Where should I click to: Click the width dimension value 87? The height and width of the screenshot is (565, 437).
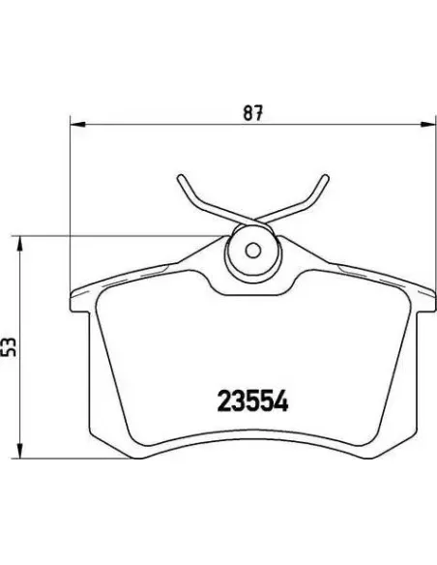click(253, 112)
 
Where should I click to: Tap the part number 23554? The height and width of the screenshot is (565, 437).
click(252, 401)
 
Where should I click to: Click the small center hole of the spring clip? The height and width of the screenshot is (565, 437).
click(253, 250)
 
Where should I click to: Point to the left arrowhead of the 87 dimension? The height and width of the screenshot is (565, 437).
click(77, 125)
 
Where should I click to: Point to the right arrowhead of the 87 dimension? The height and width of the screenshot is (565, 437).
click(428, 125)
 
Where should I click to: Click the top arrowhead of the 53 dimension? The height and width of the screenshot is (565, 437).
click(20, 243)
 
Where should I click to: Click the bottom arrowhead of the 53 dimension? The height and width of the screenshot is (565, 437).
click(20, 451)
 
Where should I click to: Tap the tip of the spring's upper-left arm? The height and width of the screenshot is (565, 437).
click(181, 177)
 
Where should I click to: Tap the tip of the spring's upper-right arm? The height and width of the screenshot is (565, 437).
click(326, 177)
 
